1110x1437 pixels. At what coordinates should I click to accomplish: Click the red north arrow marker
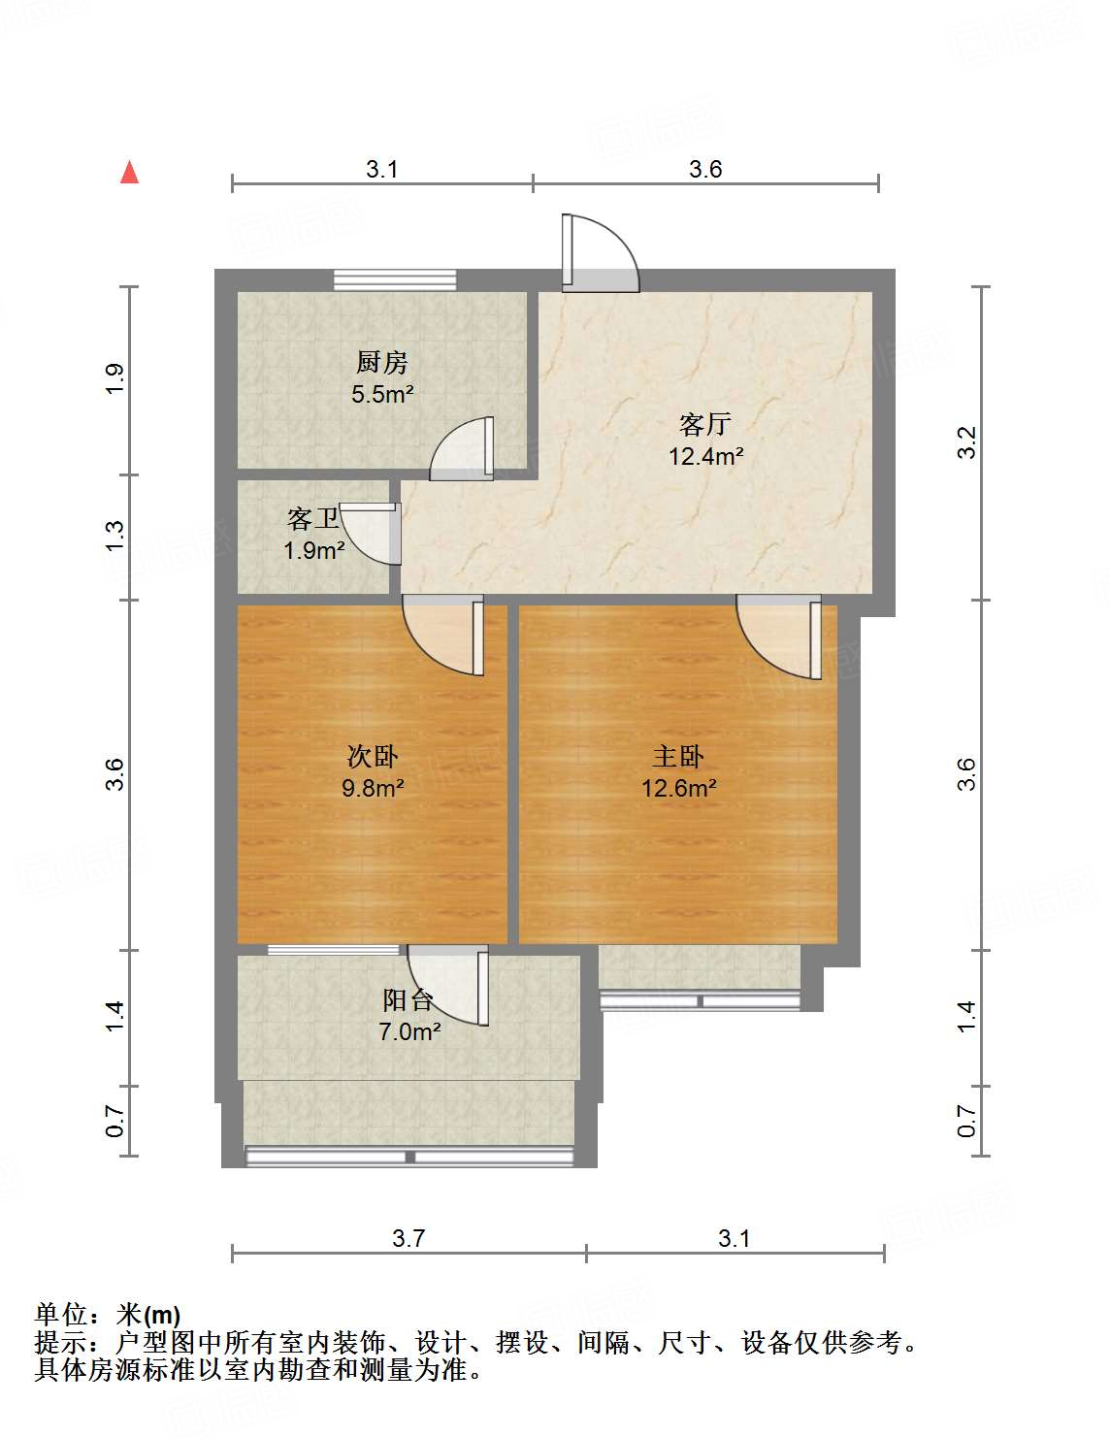129,173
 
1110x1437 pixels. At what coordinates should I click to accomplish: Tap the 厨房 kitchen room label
381,363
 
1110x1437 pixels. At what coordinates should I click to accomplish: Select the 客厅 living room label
705,424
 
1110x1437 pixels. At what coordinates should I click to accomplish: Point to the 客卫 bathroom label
312,520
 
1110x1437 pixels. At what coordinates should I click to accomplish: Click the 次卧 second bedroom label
373,757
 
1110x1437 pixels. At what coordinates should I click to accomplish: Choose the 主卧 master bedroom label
678,757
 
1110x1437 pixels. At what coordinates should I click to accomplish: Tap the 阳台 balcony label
408,1000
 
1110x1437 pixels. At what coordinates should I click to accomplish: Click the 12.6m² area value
678,788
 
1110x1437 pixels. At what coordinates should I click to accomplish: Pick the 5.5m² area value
382,394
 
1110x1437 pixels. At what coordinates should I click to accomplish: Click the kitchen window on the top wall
395,279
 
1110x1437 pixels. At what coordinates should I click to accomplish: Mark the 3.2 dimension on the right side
966,443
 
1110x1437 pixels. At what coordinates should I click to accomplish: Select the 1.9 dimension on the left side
115,378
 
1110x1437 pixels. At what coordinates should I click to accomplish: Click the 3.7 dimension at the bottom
408,1238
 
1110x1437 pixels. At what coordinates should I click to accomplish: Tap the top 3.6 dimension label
705,169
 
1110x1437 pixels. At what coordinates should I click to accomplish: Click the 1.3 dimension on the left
115,537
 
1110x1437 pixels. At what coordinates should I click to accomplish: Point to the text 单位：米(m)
108,1315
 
